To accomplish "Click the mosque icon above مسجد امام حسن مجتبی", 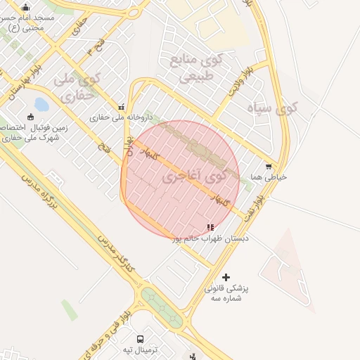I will coord(26,8).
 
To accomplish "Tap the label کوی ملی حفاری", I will coord(79,89).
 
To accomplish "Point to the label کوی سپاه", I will coord(273,108).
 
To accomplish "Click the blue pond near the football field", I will coord(41,105).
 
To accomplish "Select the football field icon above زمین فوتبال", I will coord(30,117).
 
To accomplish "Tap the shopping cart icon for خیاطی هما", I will coord(269,167).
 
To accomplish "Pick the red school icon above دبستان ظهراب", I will coord(210,227).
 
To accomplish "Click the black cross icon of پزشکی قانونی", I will coord(226,277).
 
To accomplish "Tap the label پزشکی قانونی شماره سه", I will coord(226,293).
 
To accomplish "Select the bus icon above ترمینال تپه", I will coord(140,339).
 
